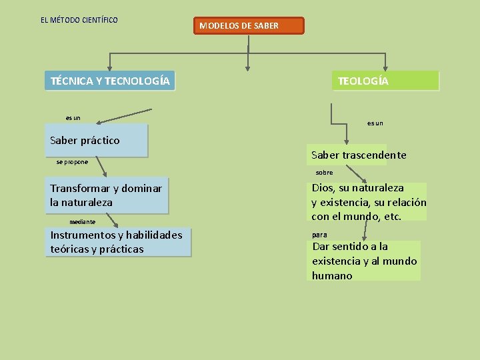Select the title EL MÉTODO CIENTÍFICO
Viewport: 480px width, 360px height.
tap(79, 20)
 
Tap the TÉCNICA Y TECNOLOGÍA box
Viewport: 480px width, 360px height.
tap(110, 81)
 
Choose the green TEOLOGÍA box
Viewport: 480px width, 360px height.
tap(386, 81)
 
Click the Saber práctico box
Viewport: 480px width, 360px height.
tap(96, 140)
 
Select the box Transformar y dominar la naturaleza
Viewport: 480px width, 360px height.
tap(107, 195)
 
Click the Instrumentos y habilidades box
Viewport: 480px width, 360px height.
tap(118, 242)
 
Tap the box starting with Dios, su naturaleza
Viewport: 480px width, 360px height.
tap(367, 202)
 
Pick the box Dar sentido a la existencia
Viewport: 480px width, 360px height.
tap(364, 261)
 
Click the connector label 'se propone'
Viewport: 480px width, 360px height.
tap(72, 162)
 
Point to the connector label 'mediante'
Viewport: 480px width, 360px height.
tap(83, 221)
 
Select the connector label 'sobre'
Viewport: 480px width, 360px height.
tap(324, 173)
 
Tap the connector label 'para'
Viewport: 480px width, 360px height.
tap(320, 235)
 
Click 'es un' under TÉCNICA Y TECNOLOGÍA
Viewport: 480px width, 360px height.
tap(73, 118)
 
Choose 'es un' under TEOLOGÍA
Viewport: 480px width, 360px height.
tap(375, 123)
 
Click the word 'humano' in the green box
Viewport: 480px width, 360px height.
tap(332, 275)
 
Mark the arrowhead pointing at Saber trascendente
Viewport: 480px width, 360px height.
tap(346, 141)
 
